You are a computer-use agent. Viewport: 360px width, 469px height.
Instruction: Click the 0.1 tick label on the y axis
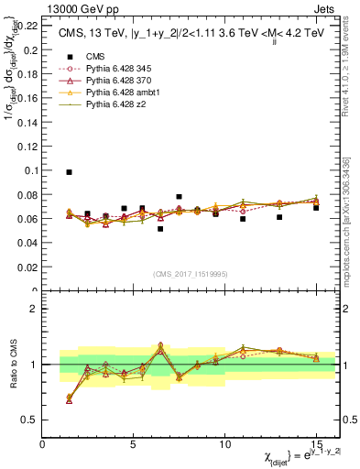click(x=30, y=170)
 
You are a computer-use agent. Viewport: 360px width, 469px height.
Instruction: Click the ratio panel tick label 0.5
click(x=30, y=420)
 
